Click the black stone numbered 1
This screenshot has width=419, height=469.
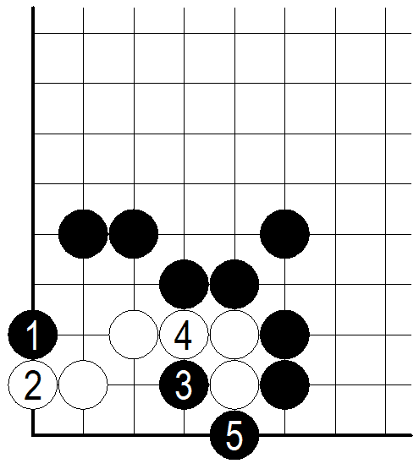pos(33,335)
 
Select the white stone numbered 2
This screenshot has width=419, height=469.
pos(33,385)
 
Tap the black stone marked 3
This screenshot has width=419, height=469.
pos(184,385)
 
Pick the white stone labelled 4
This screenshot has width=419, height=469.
pos(184,335)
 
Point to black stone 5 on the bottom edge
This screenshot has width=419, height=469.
pos(234,435)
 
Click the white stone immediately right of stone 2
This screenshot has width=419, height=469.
pos(83,385)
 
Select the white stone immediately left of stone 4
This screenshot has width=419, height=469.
pos(134,335)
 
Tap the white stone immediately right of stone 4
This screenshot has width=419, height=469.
pos(234,335)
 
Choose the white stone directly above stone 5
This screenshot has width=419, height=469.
pos(234,385)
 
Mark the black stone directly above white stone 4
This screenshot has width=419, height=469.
pos(184,285)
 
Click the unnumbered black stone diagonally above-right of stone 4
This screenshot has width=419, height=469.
pos(234,285)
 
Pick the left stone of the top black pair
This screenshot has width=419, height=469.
pos(83,234)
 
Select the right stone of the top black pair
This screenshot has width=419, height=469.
pos(134,234)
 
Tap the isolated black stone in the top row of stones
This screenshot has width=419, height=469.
pos(284,234)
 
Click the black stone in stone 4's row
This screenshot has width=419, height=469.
pos(284,335)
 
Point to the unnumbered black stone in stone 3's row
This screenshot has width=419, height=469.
pos(284,385)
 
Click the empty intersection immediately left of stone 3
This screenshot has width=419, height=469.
pos(134,385)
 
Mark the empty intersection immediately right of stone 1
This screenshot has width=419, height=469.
pos(83,335)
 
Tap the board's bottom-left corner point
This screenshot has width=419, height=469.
pos(33,435)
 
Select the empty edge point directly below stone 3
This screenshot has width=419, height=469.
pos(184,435)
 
